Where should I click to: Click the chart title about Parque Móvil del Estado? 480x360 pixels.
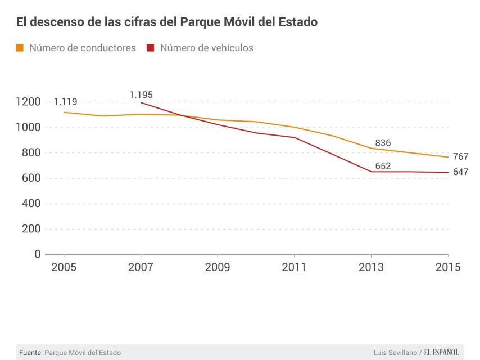(166, 22)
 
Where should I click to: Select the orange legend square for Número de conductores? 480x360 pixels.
(20, 48)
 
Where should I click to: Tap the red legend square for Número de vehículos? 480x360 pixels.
(150, 48)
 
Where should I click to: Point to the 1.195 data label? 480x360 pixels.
(141, 95)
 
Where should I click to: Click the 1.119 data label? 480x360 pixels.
(65, 102)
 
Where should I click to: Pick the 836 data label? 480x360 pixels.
(383, 143)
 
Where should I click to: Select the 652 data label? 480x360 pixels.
(383, 166)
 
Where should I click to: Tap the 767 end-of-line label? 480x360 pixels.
(460, 156)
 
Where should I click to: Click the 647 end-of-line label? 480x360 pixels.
(460, 172)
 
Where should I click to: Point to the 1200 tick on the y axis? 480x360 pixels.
(28, 102)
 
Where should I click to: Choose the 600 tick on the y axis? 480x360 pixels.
(31, 178)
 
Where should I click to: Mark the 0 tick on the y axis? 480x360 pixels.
(38, 254)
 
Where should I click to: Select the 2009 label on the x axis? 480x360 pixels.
(217, 267)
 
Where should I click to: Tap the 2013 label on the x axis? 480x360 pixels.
(371, 267)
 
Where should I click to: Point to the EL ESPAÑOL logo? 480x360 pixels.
(441, 353)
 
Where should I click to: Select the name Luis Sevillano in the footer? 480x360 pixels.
(395, 353)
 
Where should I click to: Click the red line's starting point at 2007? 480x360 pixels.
(141, 102)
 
